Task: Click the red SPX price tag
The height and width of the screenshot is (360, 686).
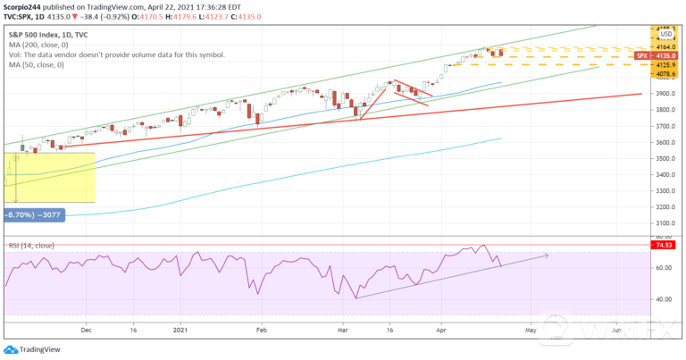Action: click(643, 56)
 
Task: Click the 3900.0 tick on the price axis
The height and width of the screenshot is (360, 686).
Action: click(665, 93)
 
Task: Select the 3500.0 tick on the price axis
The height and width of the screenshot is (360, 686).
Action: click(665, 158)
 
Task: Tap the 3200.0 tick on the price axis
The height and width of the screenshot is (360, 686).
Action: click(665, 206)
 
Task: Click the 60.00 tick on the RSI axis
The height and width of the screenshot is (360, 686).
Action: click(665, 268)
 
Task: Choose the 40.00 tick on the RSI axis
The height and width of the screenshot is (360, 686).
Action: click(665, 299)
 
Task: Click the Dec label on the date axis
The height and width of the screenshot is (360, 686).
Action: click(87, 330)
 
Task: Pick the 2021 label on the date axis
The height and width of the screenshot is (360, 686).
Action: click(182, 330)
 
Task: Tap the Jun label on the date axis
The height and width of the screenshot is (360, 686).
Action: click(616, 330)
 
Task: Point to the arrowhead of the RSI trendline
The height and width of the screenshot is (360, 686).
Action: click(546, 255)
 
